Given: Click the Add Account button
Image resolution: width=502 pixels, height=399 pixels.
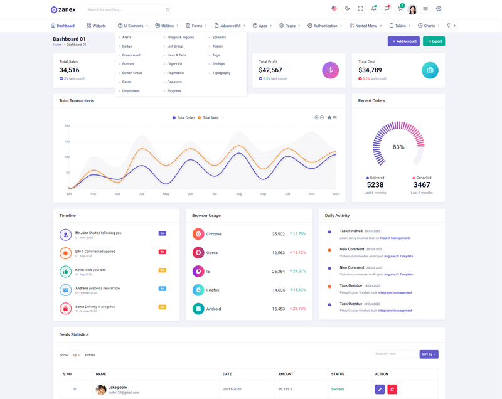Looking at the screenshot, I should coord(403,41).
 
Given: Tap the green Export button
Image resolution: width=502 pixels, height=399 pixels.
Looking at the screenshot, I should coord(434,41).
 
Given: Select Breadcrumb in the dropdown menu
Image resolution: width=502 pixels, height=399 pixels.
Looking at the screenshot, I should coord(132,55).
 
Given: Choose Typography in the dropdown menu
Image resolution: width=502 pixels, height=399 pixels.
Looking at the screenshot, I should coord(221,73).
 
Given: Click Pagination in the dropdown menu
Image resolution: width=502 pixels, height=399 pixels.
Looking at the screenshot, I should coord(176,73).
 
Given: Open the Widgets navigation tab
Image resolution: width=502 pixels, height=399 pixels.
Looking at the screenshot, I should coord(96,26).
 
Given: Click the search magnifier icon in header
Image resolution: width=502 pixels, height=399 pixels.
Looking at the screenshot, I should coord(168,10).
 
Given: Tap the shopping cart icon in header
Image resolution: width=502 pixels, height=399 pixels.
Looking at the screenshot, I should coord(400,9).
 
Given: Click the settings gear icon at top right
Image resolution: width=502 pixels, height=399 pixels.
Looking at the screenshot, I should coord(439,9).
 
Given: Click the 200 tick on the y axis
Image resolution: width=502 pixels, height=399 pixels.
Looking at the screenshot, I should coord(67,126).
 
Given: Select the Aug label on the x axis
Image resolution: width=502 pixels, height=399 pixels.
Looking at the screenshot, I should coord(238,194).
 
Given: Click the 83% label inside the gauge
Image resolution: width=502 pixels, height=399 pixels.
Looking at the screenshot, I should coord(398,147).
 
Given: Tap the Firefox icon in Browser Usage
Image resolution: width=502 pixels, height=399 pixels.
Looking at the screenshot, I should coord(198,290).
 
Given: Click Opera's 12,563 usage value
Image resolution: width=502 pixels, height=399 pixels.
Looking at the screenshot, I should coord(279,253).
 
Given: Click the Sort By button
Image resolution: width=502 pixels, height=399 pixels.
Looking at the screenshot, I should coord(429,354).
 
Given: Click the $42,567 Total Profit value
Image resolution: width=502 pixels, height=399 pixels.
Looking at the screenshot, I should coord(270,70).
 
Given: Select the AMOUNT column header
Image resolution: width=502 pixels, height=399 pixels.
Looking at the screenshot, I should coord(286,374).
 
